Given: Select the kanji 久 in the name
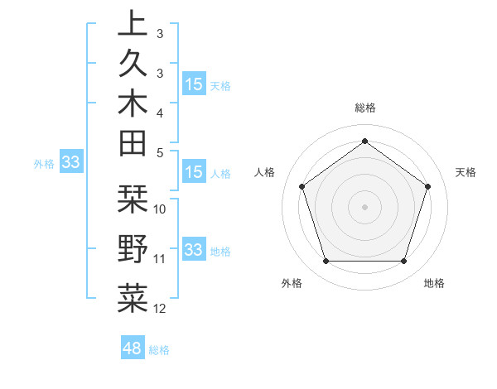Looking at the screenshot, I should coord(133,63).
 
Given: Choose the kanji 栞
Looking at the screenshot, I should coord(133,199).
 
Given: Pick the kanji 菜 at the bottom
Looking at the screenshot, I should coord(133,299).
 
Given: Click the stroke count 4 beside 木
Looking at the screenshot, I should coord(160,112).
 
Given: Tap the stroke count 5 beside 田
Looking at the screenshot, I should coord(160,152).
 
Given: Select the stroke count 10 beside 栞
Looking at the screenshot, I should coord(161,209).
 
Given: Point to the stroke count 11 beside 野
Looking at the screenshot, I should coord(160,259).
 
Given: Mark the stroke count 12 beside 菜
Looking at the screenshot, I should coord(160,309).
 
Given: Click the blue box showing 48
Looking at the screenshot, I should coord(133,348).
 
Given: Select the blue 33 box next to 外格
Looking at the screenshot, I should coord(70,163).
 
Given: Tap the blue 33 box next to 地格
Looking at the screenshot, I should coord(193,250).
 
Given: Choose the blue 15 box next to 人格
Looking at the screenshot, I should coord(193,173).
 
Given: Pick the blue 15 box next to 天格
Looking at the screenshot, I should coord(193,84).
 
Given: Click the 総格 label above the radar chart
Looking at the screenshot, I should coord(364,108).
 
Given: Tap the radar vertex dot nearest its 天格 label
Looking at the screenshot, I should coord(427,186).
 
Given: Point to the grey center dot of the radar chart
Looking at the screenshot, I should coord(364,207).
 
